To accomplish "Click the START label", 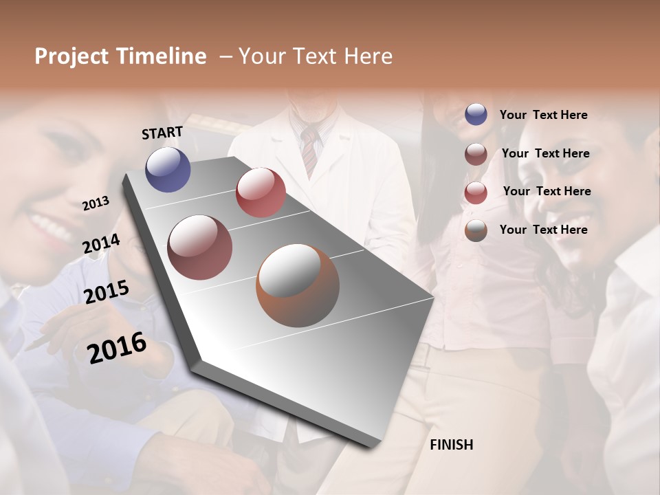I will (162, 132).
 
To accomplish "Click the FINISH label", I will (452, 445).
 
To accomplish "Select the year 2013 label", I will (96, 203).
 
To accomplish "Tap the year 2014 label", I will (102, 243).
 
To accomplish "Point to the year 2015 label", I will (107, 291).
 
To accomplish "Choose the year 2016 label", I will (117, 347).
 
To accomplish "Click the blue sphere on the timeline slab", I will (168, 169).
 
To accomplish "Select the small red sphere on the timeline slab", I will (261, 192).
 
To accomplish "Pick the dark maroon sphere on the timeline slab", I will (200, 247).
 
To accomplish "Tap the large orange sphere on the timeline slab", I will (298, 285).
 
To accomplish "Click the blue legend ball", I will (476, 114).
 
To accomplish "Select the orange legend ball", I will (476, 230).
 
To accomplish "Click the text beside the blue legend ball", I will (543, 115).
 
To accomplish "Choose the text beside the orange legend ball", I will (543, 230).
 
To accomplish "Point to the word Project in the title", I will (71, 56).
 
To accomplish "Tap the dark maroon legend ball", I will (476, 154).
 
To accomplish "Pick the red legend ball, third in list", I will (476, 192).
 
